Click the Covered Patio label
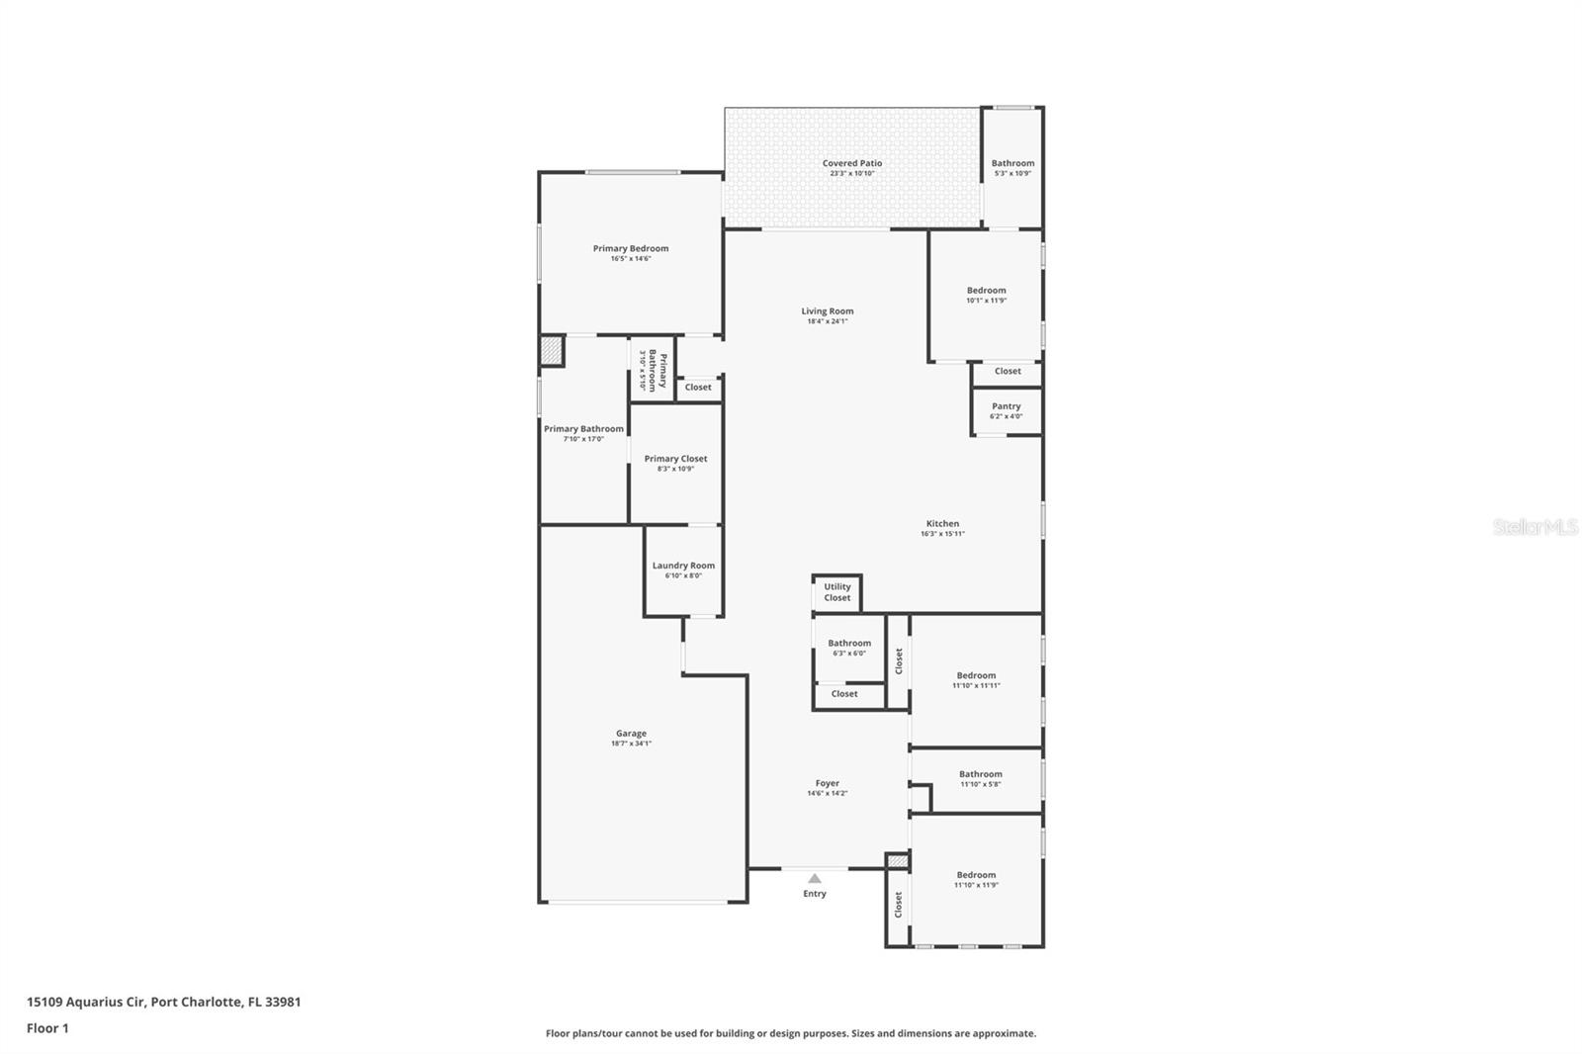(852, 163)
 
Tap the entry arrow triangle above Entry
(814, 878)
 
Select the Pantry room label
(1006, 406)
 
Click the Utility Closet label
(837, 592)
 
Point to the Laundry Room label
(683, 566)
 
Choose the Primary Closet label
(675, 459)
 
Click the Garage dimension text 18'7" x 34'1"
(631, 744)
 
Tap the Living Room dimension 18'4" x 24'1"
(828, 321)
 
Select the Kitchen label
(942, 524)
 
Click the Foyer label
(828, 783)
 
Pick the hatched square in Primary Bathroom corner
(552, 351)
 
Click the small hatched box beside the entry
(897, 862)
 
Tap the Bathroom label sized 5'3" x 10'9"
(1012, 163)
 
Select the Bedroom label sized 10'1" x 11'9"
(986, 291)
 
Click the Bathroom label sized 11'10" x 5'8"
(980, 774)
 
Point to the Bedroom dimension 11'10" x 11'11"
(976, 685)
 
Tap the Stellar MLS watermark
(1535, 528)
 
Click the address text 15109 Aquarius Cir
(87, 1002)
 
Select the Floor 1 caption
(47, 1028)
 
